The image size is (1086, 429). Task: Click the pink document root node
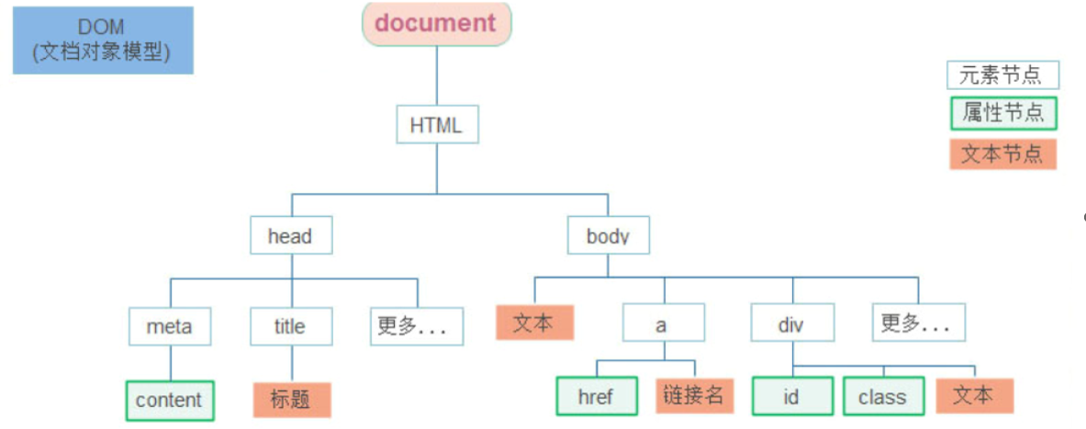[x=436, y=23]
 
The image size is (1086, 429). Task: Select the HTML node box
[x=437, y=125]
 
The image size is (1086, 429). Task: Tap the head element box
[x=290, y=236]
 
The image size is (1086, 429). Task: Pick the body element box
[x=608, y=236]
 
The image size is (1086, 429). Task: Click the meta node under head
[x=169, y=326]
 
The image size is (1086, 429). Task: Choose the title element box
[x=290, y=326]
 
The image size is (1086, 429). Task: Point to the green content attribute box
[x=169, y=401]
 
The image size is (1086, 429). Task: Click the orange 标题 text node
[x=291, y=401]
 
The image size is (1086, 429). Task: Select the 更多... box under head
[x=418, y=326]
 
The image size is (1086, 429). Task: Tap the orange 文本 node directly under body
[x=534, y=323]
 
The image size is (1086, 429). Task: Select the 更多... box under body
[x=918, y=323]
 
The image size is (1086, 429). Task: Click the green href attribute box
[x=597, y=397]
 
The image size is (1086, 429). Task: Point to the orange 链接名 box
[x=694, y=396]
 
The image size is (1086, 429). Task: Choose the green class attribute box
[x=882, y=397]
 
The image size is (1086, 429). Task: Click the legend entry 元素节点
[x=1002, y=74]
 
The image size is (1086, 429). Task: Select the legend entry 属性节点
[x=1002, y=114]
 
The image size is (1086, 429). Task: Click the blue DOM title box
[x=103, y=40]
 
